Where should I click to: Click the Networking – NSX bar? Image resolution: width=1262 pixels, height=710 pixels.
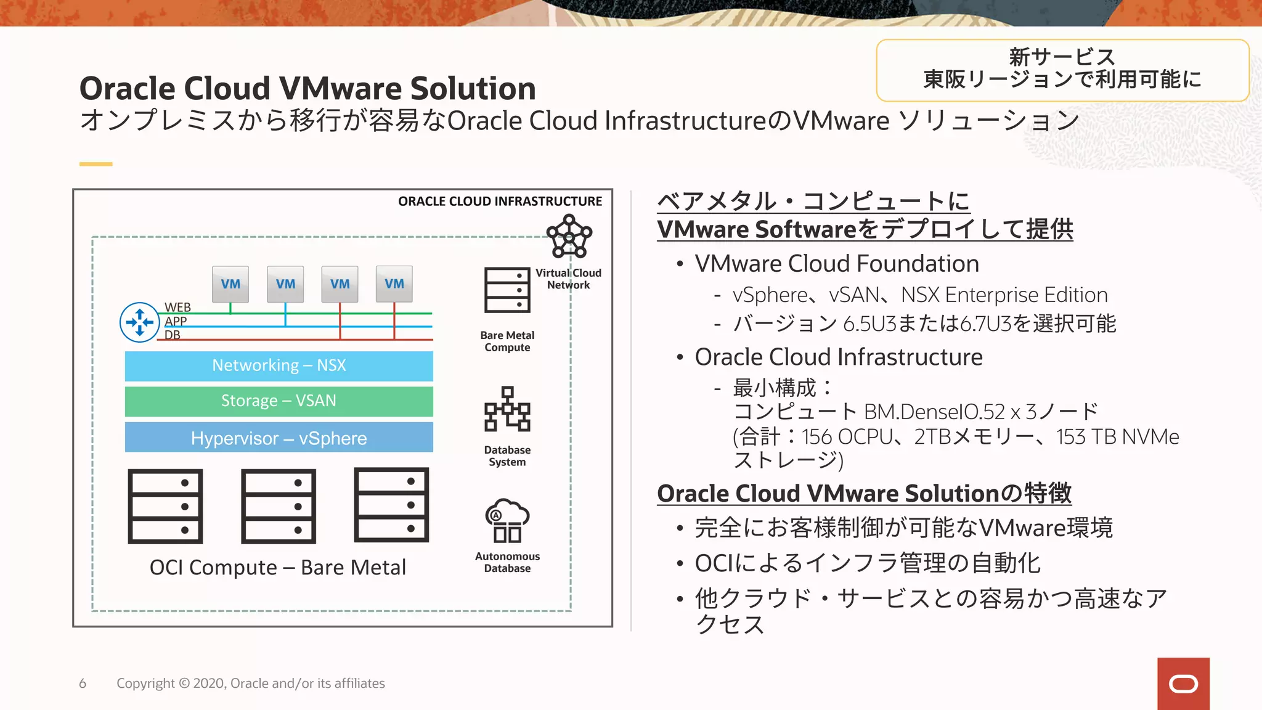tap(279, 366)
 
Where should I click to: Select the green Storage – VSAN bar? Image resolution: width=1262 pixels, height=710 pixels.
tap(279, 401)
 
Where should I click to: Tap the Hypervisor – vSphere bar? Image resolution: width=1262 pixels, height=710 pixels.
tap(279, 438)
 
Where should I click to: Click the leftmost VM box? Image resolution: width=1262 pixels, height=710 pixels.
tap(230, 284)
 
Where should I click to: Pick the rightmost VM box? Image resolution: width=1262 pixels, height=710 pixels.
tap(394, 284)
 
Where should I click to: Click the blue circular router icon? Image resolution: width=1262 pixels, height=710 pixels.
tap(140, 322)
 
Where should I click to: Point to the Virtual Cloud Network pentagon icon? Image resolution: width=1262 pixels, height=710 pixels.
tap(569, 237)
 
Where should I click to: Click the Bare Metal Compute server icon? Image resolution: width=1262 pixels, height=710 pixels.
tap(507, 290)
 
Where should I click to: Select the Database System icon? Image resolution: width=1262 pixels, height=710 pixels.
tap(507, 409)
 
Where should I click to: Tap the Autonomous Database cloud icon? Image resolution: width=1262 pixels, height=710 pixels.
tap(507, 521)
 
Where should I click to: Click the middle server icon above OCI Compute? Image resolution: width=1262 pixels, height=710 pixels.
tap(279, 506)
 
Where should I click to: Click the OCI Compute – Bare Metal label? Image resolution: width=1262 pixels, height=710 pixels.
tap(278, 567)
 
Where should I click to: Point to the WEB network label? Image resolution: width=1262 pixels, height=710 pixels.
tap(177, 307)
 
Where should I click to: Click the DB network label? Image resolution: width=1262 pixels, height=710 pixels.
tap(173, 335)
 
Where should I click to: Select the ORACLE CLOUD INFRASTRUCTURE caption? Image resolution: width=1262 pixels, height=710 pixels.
tap(500, 202)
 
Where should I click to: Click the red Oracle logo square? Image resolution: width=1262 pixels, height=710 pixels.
tap(1183, 683)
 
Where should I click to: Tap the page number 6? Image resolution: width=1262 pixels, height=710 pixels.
tap(83, 683)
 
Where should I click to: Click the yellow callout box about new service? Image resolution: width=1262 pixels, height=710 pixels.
tap(1062, 70)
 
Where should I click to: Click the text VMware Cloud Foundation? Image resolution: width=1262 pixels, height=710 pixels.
tap(837, 264)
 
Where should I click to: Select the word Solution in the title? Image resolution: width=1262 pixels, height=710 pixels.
tap(473, 89)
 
